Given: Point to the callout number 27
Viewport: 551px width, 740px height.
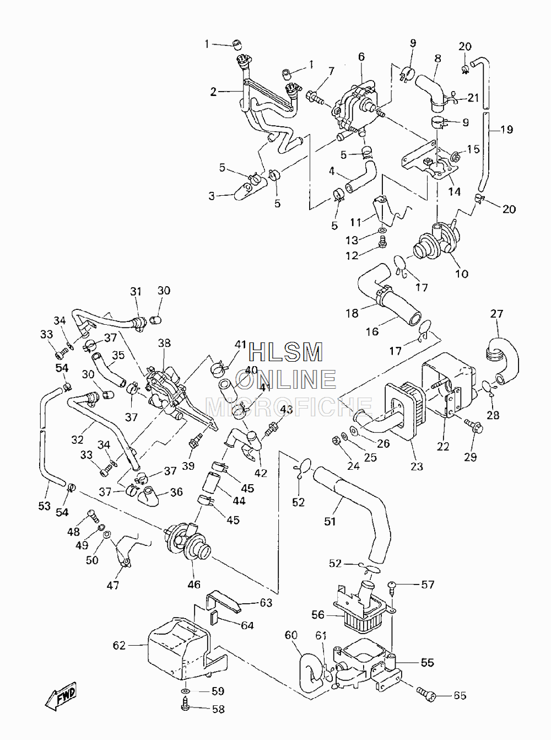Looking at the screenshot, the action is tap(496, 314).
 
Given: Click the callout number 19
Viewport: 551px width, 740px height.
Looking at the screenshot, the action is tap(506, 130).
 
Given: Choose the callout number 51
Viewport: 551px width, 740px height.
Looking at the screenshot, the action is tap(330, 521).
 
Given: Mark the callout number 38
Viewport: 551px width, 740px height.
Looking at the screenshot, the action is tap(164, 343).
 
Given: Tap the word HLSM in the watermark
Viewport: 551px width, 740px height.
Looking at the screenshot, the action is tap(286, 352).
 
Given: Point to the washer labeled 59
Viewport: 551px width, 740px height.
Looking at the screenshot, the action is tap(186, 690).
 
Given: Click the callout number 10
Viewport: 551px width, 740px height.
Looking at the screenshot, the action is tap(462, 274).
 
